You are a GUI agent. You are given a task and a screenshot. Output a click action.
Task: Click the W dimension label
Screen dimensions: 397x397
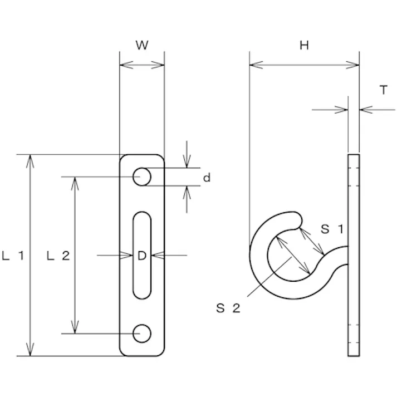(x=142, y=46)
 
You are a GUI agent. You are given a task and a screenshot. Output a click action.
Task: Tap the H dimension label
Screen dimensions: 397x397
(x=304, y=46)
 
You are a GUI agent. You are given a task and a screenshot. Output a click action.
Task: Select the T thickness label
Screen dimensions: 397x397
(x=384, y=90)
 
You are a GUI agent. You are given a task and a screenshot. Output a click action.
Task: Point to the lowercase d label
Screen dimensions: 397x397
(x=207, y=178)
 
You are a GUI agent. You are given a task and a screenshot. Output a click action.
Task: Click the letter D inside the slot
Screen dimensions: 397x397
(x=142, y=256)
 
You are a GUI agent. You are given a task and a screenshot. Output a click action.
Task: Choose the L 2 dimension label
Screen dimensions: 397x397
(x=58, y=256)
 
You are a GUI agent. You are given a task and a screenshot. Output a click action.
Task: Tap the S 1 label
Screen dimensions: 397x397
(x=334, y=228)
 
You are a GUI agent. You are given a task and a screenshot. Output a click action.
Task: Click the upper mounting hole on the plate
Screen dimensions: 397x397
(x=142, y=177)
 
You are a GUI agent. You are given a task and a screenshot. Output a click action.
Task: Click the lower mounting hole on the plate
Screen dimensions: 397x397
(x=142, y=333)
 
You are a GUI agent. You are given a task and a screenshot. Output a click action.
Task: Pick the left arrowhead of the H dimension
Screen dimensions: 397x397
(x=254, y=65)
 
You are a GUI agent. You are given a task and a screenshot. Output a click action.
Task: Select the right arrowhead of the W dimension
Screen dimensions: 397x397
(x=160, y=65)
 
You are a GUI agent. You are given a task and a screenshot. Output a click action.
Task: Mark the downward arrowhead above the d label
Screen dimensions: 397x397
(x=186, y=163)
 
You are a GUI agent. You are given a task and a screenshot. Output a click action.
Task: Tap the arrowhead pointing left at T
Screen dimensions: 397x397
(x=364, y=110)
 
